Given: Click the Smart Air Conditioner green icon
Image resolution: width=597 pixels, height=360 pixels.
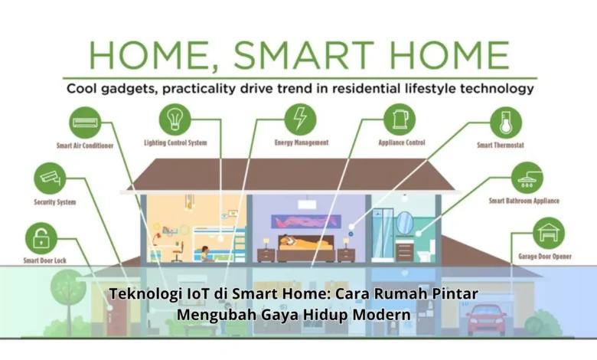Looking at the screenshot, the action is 85,123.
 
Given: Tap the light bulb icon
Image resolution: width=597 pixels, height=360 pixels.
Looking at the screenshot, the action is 175,119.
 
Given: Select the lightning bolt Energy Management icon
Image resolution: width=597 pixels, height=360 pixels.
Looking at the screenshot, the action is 300,119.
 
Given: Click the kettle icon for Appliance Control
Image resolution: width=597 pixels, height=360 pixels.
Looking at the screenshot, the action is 400,119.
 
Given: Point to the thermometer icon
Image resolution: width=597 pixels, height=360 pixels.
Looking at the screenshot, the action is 506,123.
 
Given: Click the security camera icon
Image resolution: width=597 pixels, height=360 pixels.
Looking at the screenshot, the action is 50,178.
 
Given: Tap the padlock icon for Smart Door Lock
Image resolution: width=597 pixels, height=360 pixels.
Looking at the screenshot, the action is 41,238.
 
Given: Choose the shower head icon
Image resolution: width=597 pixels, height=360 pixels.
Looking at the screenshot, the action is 527,178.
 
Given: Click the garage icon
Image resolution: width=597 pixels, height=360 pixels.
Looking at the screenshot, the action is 549,233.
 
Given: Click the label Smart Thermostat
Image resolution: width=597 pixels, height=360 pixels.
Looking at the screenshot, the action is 501,145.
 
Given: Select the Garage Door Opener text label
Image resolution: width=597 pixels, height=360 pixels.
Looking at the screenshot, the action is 545,257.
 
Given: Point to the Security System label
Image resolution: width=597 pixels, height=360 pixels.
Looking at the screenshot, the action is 55,202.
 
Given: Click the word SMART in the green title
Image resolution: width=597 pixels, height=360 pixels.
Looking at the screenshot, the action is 304,56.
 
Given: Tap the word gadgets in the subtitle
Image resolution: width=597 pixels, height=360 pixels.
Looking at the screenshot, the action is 126,89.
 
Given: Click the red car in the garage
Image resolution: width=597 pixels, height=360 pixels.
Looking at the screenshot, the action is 486,319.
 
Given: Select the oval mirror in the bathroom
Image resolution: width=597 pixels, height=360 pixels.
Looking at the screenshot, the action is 404,223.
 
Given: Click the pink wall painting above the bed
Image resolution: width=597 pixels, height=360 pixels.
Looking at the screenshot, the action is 306,221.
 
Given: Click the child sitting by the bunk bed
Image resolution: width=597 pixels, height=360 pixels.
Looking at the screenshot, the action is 205,254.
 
